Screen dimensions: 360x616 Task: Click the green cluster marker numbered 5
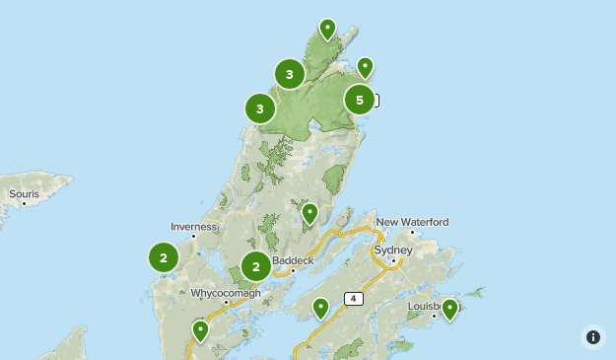(360, 100)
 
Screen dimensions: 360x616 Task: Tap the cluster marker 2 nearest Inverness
(164, 257)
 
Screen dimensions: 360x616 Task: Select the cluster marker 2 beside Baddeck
(256, 266)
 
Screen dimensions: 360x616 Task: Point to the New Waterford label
(412, 222)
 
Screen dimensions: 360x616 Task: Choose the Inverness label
(193, 226)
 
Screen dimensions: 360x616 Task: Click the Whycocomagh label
(226, 293)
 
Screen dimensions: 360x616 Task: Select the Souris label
(24, 194)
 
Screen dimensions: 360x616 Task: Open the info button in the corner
(593, 337)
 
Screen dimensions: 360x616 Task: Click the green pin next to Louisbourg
(449, 309)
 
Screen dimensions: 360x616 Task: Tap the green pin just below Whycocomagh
(201, 329)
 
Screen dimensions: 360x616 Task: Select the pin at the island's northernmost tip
(328, 29)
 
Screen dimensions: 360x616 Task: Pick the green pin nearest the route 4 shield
(320, 308)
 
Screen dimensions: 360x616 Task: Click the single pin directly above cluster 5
(365, 66)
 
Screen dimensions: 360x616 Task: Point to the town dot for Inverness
(194, 236)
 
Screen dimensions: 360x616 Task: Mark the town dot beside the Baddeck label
(293, 270)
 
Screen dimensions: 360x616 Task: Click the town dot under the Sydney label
(393, 260)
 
